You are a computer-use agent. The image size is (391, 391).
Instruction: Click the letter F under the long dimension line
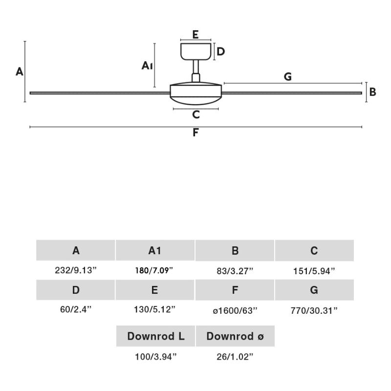click(x=195, y=132)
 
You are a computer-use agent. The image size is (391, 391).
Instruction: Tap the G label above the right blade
click(x=287, y=76)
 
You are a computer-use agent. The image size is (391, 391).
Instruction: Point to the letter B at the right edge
click(x=373, y=92)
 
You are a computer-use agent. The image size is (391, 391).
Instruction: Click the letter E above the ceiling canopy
click(x=195, y=34)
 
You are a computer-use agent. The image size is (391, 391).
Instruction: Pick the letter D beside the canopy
click(x=221, y=51)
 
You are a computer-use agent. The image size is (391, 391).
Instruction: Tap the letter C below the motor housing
click(x=196, y=115)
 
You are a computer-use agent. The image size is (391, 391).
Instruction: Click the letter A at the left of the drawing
click(x=20, y=72)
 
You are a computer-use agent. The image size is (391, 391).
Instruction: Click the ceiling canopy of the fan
click(x=196, y=51)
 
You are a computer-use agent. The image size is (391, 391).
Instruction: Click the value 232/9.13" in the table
click(x=76, y=270)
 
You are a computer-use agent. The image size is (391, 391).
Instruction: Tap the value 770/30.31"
click(x=314, y=310)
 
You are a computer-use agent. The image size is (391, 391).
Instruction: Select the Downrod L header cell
click(x=156, y=336)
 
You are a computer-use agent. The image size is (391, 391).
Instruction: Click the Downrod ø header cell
click(x=235, y=336)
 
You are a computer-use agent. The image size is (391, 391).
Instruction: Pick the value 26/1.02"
click(x=235, y=357)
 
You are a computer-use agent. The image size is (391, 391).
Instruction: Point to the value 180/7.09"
click(x=154, y=270)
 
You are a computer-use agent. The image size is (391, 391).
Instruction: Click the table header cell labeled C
click(x=314, y=251)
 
